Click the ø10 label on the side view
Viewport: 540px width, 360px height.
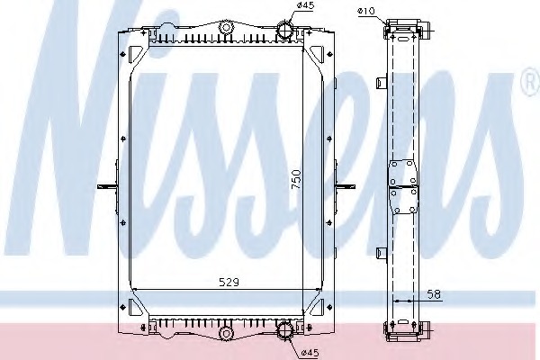pyautogui.click(x=366, y=11)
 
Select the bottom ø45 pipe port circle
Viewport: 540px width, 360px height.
pyautogui.click(x=287, y=329)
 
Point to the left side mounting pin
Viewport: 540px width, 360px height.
pyautogui.click(x=108, y=186)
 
